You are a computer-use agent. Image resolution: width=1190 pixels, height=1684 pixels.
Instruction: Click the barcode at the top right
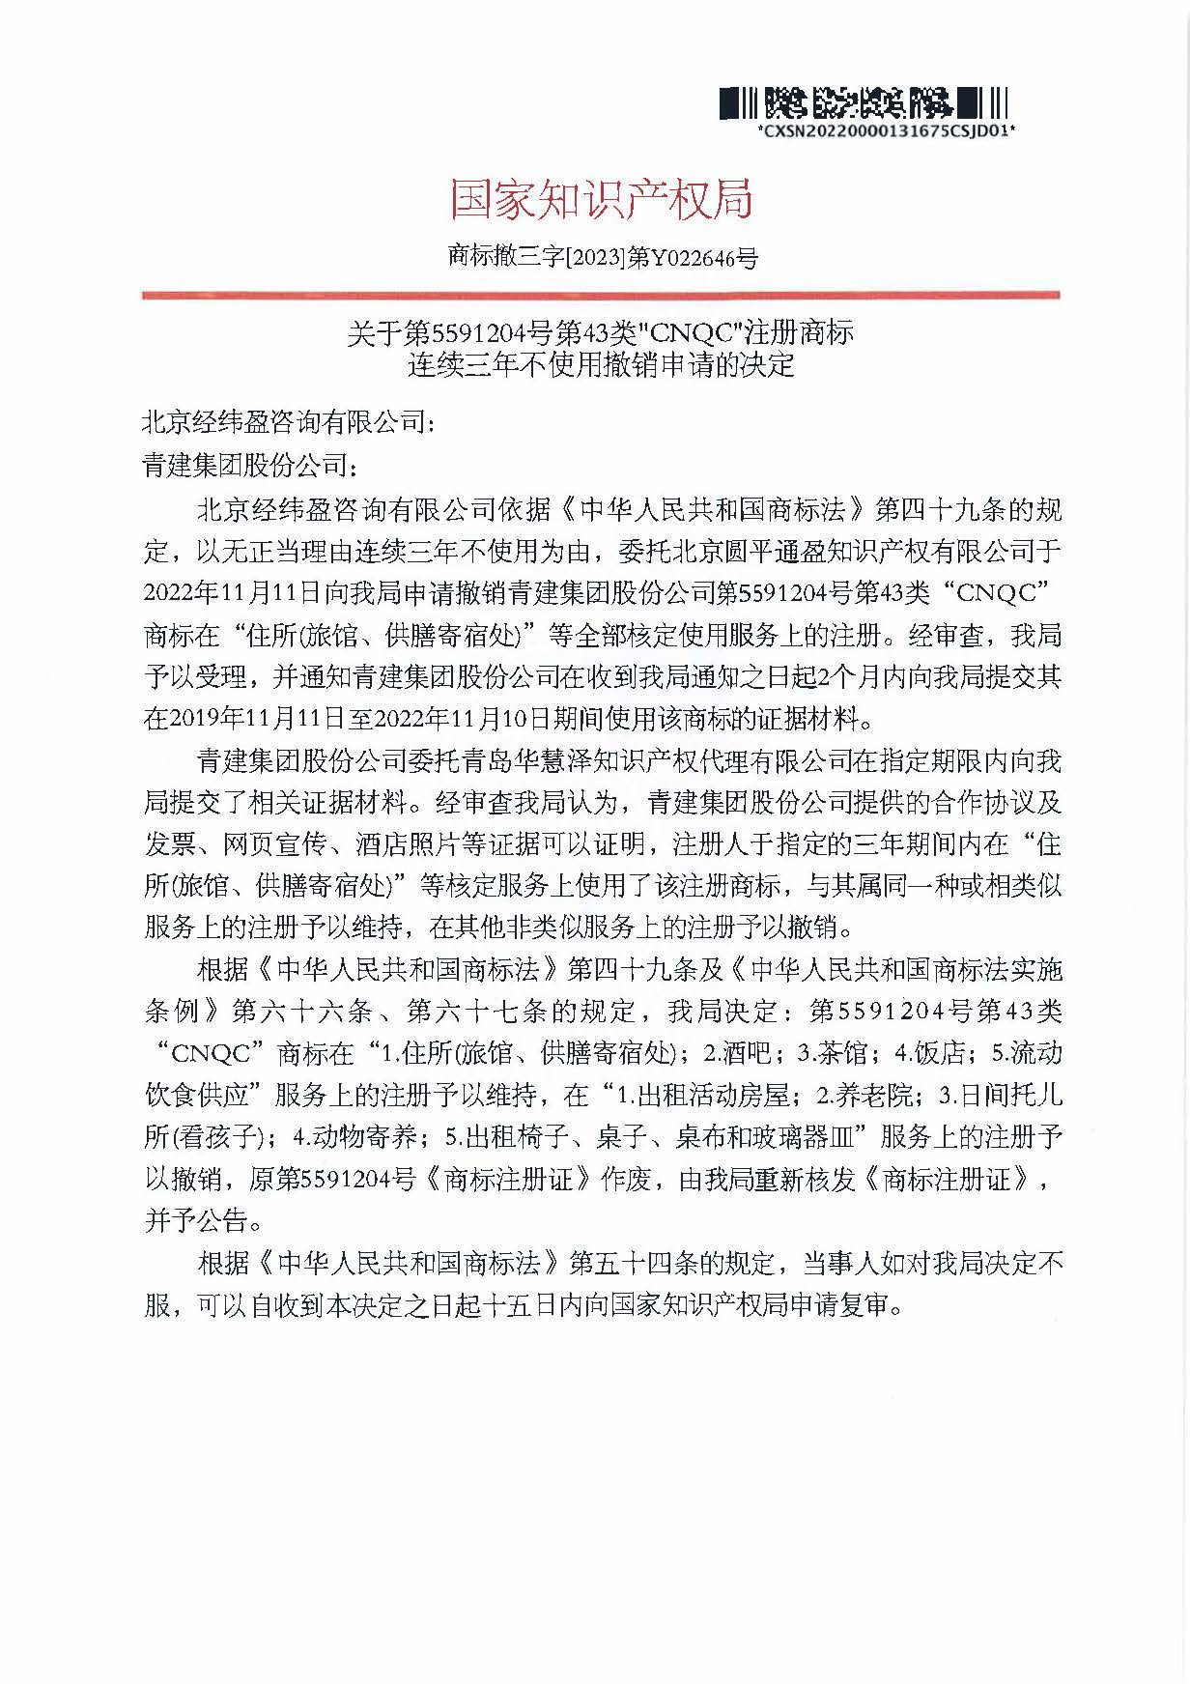pyautogui.click(x=864, y=102)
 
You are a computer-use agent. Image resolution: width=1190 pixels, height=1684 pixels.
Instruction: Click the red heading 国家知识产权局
pyautogui.click(x=601, y=199)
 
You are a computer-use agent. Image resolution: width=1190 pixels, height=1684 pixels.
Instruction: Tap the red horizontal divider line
pyautogui.click(x=601, y=294)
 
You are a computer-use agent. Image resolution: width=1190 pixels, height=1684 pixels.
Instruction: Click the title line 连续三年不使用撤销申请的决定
pyautogui.click(x=601, y=365)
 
